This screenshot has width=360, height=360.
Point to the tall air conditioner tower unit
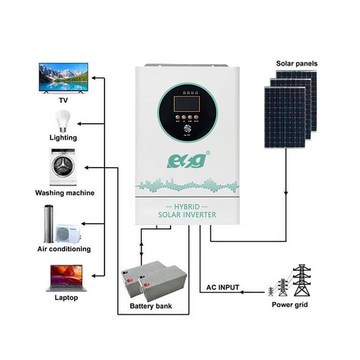[x=48, y=223]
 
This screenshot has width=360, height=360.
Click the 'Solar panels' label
[x=296, y=63]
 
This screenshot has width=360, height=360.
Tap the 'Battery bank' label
[x=150, y=305]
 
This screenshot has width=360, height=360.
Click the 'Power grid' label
[x=290, y=304]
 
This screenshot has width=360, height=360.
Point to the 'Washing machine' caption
[x=64, y=192]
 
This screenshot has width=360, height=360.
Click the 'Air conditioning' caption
[x=64, y=248]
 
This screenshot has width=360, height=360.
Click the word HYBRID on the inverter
[x=187, y=206]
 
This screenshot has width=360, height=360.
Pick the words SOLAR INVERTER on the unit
[x=187, y=215]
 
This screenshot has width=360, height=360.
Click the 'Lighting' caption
[x=63, y=137]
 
